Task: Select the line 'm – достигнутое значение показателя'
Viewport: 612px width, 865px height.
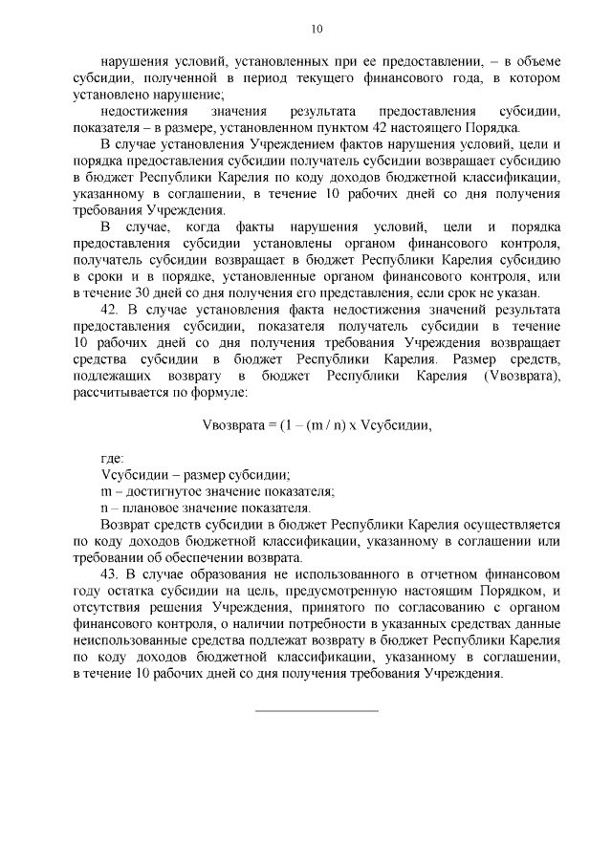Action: coord(218,491)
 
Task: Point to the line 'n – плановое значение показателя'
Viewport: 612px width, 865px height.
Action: coord(206,508)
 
